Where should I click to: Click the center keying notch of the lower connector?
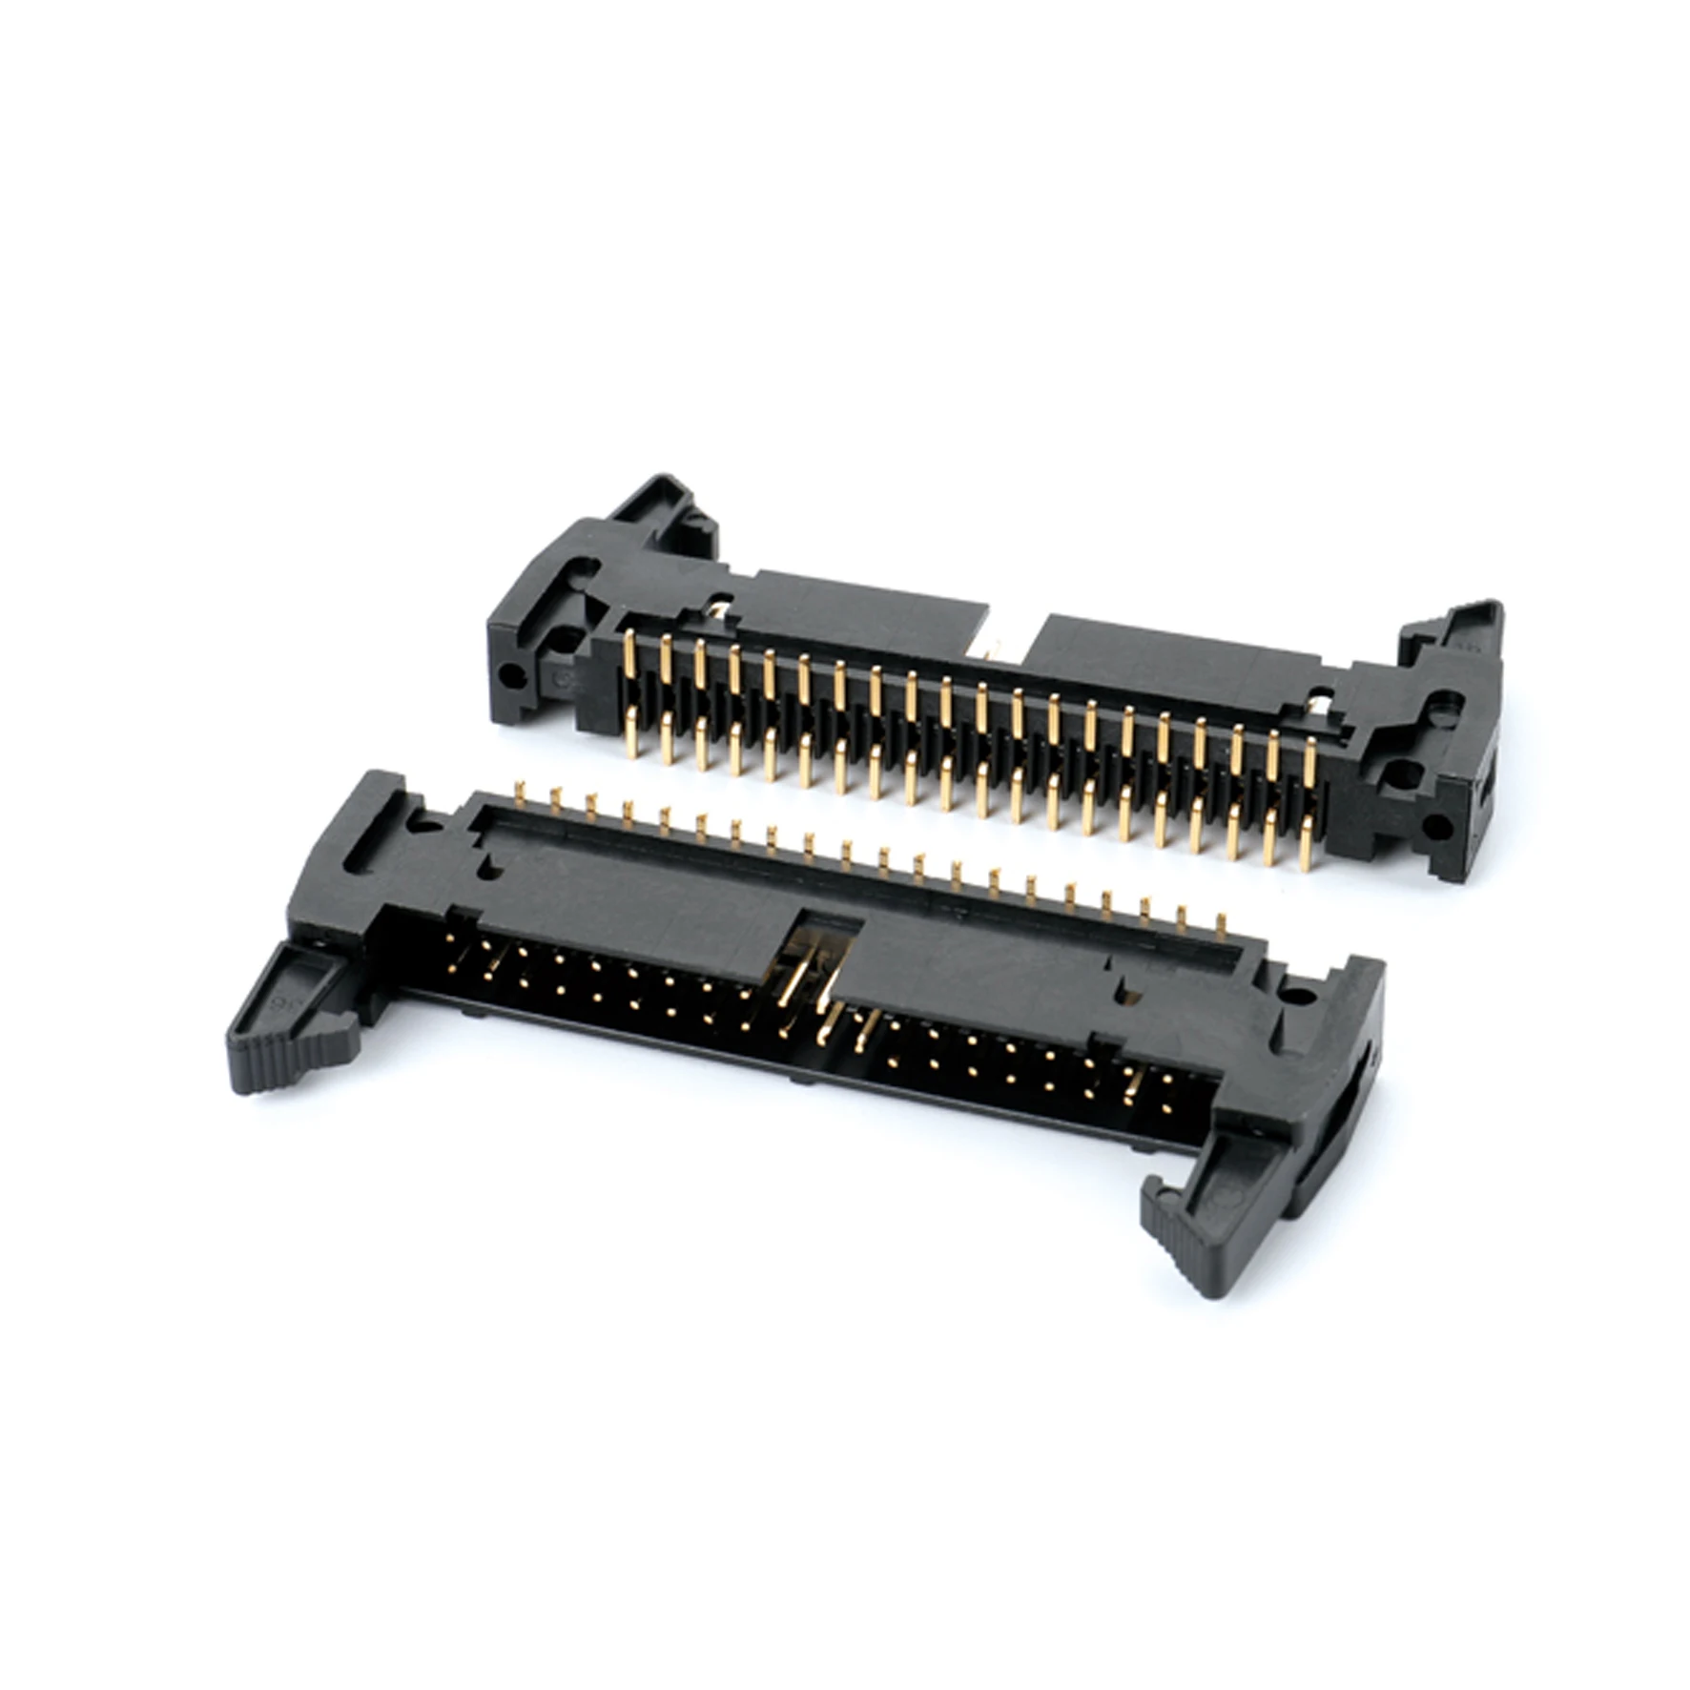(x=820, y=944)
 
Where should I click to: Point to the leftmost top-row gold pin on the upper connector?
(x=629, y=653)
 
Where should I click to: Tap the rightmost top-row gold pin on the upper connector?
(x=1309, y=758)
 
